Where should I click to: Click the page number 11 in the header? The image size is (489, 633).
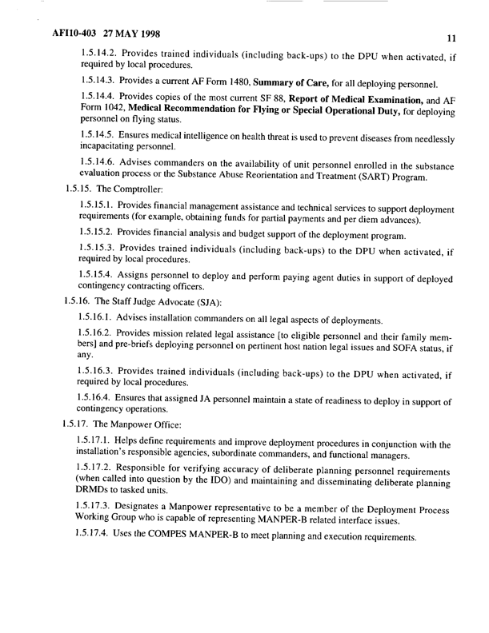point(451,38)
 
